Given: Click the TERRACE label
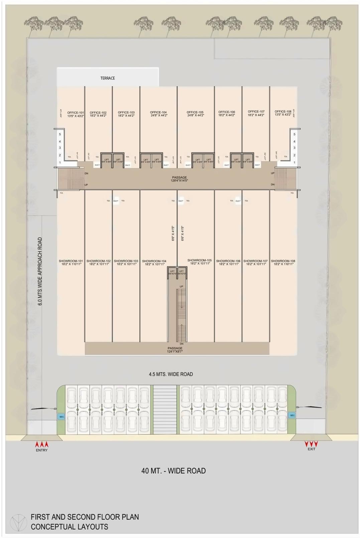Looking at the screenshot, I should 108,78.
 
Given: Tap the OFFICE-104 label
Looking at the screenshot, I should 158,114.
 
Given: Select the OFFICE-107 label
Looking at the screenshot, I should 256,113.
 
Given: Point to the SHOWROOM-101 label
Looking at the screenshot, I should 71,262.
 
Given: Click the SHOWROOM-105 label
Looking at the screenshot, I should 200,261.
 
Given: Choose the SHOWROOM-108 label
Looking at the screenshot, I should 283,262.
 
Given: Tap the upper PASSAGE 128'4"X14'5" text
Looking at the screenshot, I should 179,179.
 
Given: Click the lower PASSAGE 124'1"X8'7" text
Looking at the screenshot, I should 175,350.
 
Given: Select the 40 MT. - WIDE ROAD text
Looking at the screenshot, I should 173,471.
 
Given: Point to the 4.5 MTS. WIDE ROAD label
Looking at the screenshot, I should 171,374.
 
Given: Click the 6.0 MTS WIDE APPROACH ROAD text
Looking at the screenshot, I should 40,272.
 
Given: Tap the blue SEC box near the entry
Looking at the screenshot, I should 62,417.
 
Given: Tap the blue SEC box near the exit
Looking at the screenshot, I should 292,415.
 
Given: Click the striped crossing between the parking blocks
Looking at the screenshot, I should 164,410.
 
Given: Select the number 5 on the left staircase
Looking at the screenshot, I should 60,134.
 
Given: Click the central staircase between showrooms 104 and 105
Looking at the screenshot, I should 181,314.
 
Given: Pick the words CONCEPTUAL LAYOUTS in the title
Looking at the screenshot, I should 70,527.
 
